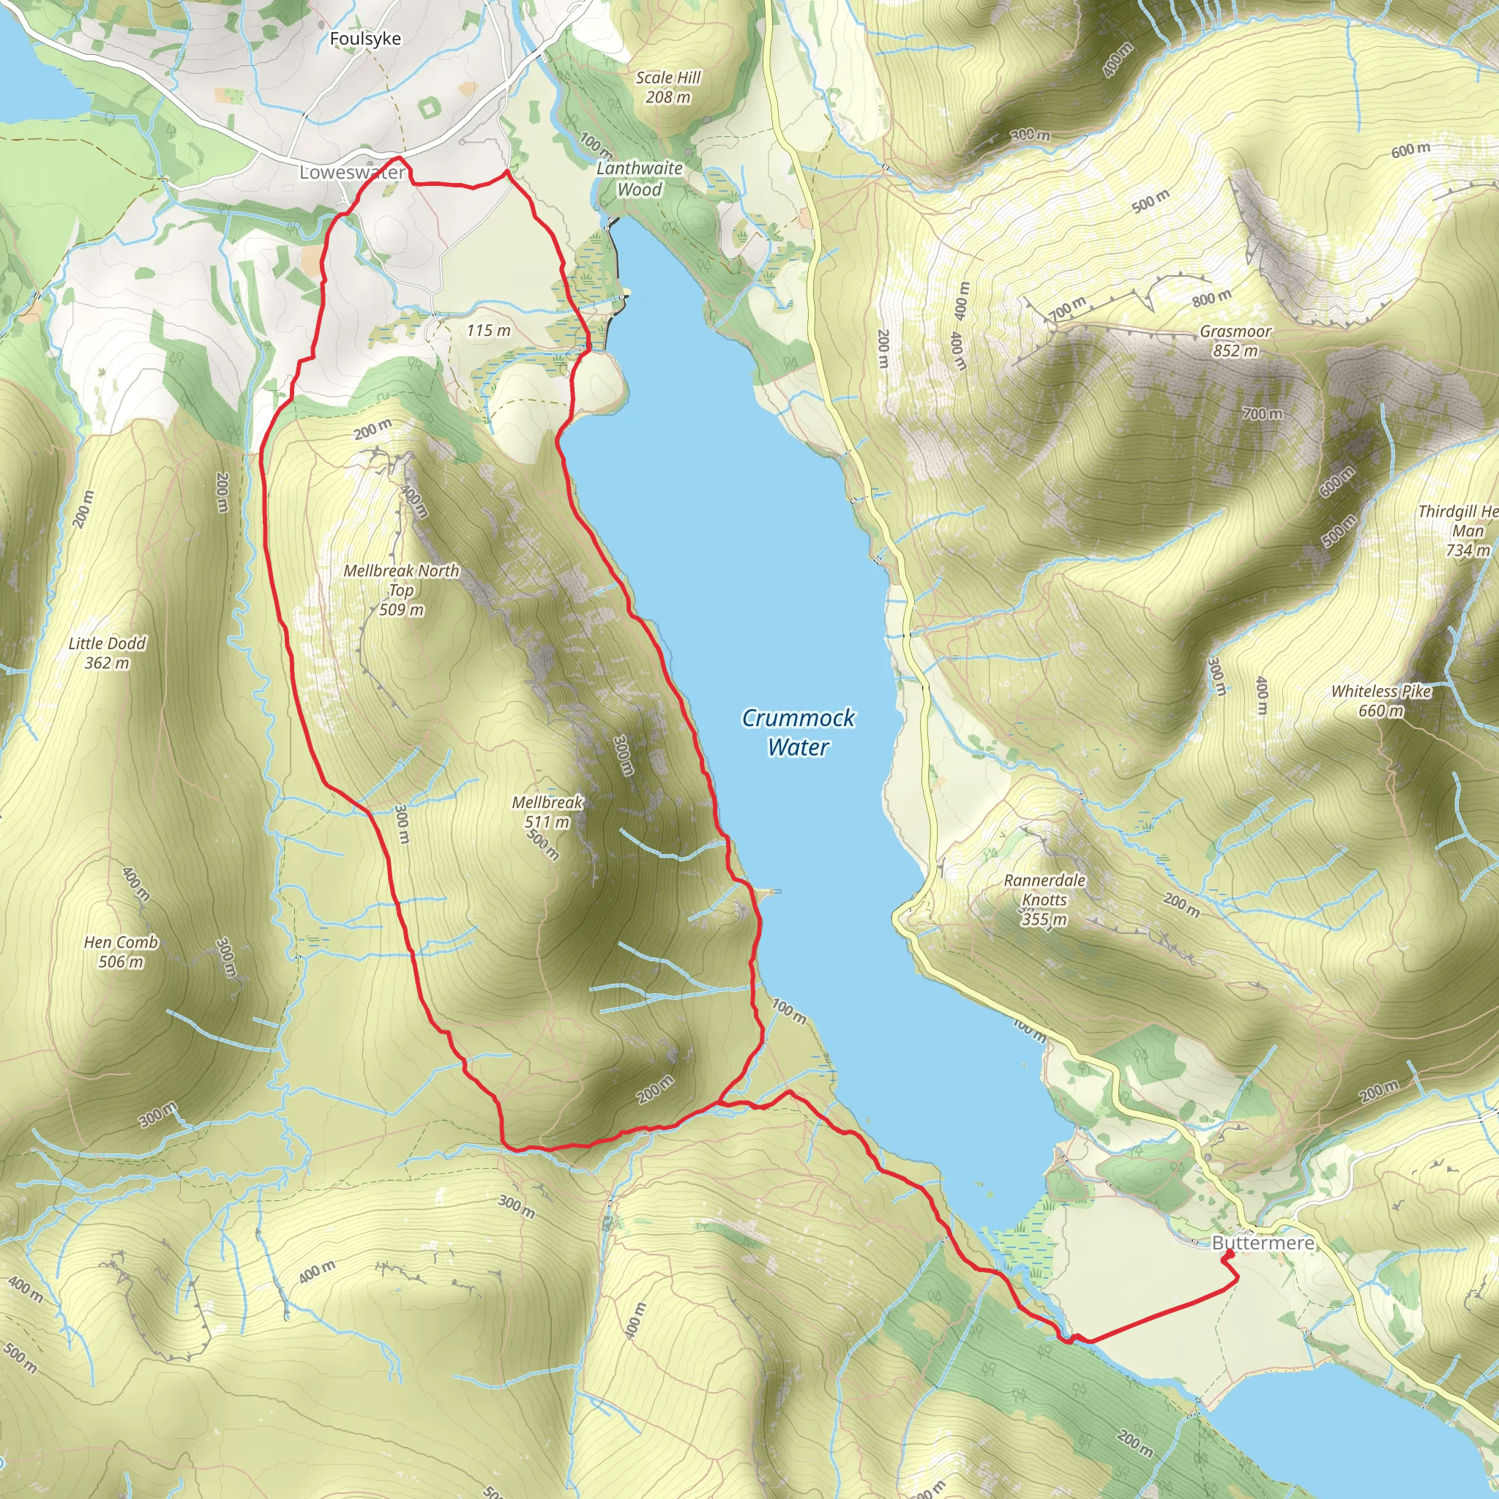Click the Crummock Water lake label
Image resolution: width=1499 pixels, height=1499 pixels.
pos(798,732)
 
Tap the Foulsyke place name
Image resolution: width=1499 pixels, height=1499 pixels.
pos(365,39)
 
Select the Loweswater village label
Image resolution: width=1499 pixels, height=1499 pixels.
pos(352,172)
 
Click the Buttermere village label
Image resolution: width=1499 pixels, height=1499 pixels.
pos(1263,1243)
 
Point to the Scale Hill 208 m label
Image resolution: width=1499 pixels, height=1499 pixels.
pos(668,87)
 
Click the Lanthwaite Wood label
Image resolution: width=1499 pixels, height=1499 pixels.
pos(639,179)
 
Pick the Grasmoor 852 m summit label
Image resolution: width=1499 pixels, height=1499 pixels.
pos(1236,340)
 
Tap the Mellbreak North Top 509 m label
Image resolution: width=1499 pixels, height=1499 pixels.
pos(401,590)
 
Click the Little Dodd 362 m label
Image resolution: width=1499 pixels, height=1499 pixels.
pos(107,652)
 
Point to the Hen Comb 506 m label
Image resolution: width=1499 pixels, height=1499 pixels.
pos(121,952)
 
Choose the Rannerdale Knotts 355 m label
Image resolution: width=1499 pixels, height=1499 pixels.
pos(1044,900)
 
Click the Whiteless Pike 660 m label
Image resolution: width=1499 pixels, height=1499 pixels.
pos(1380,700)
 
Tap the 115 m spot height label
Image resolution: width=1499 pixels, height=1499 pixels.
pos(489,331)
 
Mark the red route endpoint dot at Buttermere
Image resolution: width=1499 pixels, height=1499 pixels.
pos(1229,1254)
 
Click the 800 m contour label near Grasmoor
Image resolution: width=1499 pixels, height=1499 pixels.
pos(1212,296)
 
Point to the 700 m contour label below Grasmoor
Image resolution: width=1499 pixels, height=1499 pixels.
pos(1263,414)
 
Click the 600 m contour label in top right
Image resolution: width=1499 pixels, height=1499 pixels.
pos(1410,150)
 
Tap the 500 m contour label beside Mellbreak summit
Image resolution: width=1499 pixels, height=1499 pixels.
pos(542,845)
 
